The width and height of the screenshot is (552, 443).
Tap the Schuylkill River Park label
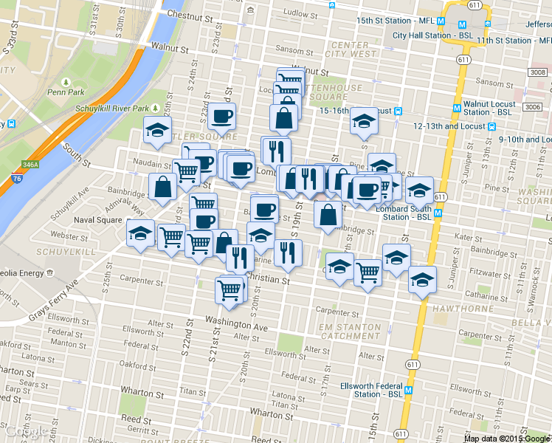pos(112,109)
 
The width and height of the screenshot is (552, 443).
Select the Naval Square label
pos(97,220)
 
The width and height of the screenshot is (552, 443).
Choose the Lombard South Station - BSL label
pos(404,213)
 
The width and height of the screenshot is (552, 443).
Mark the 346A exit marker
pos(30,165)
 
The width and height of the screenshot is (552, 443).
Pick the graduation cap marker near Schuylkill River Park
pos(157,131)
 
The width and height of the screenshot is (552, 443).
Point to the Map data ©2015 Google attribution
pos(507,438)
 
